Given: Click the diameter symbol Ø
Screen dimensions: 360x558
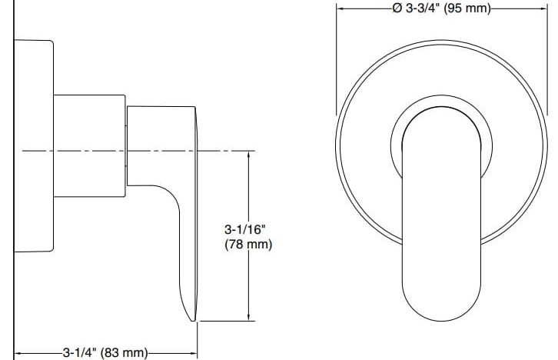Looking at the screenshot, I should tap(396, 8).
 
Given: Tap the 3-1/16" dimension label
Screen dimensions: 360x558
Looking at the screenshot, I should tap(245, 229).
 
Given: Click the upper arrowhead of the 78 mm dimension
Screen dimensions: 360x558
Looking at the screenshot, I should tap(248, 154).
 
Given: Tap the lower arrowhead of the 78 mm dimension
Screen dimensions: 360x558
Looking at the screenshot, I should tap(248, 315).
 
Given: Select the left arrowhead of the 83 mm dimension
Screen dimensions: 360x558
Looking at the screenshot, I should tap(18, 352).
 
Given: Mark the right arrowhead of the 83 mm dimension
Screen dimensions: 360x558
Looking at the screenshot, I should tap(194, 352).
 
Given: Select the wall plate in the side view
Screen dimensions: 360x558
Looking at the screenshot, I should tap(35, 146).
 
